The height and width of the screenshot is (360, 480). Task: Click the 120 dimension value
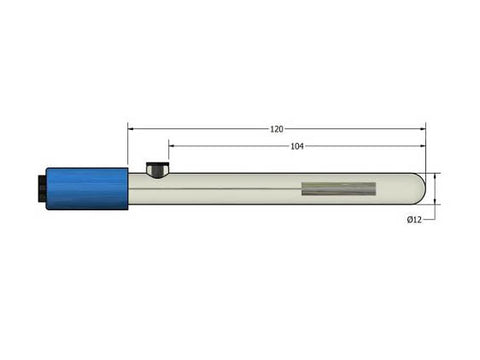tap(276, 129)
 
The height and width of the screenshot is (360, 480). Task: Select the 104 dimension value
tap(297, 146)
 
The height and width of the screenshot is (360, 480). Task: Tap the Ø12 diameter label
tap(415, 220)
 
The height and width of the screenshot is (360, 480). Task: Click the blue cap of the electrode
tap(88, 188)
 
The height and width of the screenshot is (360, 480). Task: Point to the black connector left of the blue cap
tap(41, 188)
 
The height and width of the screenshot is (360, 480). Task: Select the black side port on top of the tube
tap(157, 169)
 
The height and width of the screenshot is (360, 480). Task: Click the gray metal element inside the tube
tap(338, 188)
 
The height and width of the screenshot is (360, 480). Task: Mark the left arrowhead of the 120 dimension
tap(131, 129)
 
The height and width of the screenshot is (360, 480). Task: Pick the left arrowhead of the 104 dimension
tap(171, 146)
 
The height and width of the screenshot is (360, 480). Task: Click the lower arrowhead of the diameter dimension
tap(436, 200)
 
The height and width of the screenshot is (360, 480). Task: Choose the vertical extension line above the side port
tap(167, 155)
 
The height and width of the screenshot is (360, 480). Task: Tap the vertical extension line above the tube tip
tap(426, 150)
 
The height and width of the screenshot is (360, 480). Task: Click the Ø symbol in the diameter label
tap(409, 220)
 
